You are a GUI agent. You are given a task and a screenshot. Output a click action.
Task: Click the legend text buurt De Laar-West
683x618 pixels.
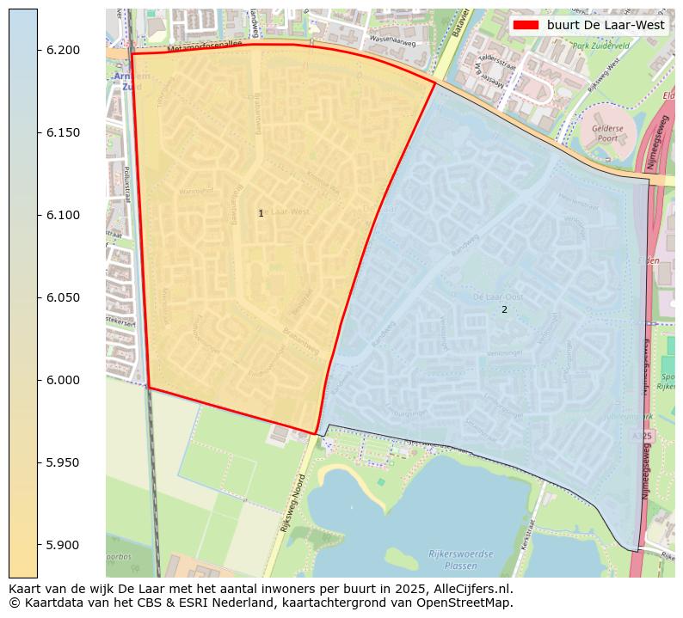point(606,25)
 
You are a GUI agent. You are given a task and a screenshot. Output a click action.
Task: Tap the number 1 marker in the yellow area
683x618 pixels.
point(261,213)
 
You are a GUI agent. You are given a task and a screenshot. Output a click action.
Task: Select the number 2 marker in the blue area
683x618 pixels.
point(504,309)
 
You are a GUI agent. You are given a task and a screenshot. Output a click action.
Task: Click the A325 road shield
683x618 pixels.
point(647,437)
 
